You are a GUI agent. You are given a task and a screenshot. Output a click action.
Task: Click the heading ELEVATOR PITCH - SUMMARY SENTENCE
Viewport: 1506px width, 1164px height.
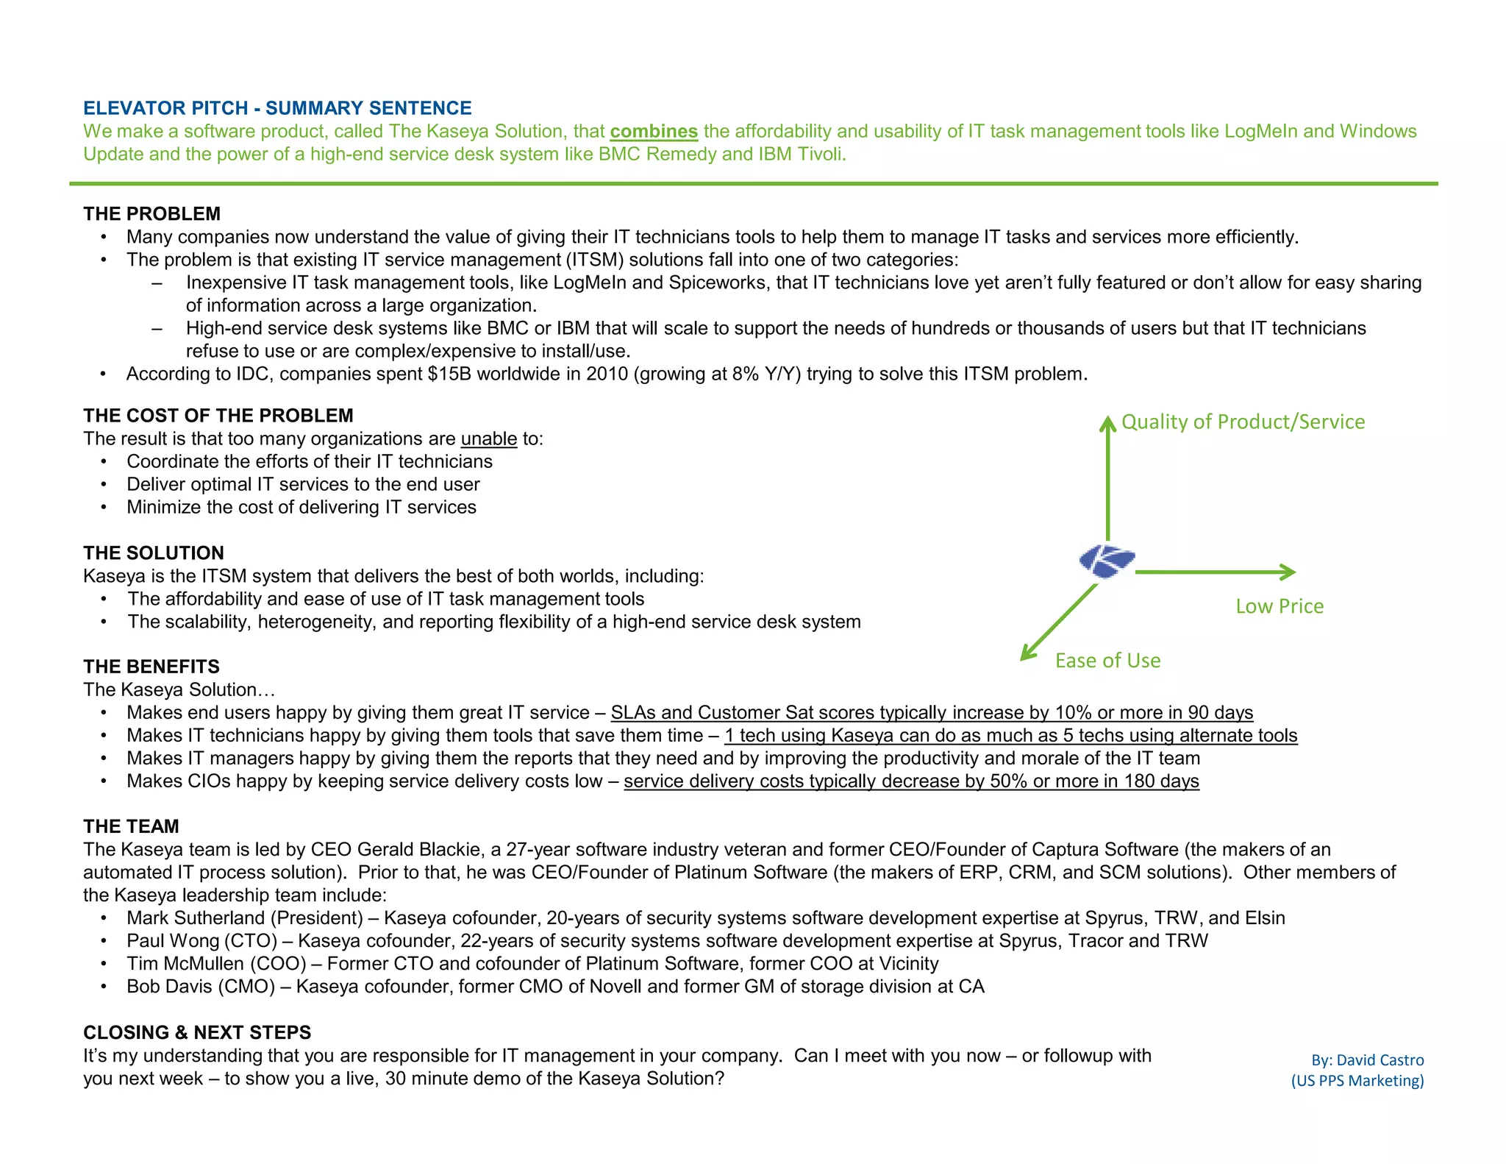coord(277,108)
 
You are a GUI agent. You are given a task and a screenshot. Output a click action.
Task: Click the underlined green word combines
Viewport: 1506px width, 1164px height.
coord(653,132)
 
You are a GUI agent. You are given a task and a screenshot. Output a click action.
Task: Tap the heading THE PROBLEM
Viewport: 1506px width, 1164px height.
coord(151,214)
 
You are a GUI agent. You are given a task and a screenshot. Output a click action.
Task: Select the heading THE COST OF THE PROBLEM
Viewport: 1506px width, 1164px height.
coord(218,416)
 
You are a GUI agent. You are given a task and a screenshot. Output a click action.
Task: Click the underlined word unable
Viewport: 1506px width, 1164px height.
coord(489,439)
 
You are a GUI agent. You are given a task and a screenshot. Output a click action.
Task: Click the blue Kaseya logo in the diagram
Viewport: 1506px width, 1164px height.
coord(1107,562)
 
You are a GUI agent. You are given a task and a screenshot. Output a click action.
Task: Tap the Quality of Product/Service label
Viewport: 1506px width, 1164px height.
coord(1243,422)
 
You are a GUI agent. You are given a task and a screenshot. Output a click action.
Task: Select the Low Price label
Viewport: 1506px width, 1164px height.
coord(1280,606)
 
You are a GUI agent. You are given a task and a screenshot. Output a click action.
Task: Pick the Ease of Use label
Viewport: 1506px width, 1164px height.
coord(1107,661)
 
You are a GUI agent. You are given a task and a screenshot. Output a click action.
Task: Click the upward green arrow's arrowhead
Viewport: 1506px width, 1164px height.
coord(1107,423)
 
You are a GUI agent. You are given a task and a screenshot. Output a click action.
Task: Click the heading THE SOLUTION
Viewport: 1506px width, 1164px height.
coord(154,553)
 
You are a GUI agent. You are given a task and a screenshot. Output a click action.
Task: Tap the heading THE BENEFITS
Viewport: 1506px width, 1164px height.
coord(151,667)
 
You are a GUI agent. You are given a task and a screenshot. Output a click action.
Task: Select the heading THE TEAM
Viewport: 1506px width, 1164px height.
coord(131,826)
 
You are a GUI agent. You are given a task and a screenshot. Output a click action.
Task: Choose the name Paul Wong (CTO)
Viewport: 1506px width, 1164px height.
coord(201,941)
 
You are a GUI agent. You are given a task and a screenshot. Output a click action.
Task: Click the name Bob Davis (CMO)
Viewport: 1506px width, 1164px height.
coord(201,987)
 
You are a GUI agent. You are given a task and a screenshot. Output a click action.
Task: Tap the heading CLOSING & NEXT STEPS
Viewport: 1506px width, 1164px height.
coord(197,1032)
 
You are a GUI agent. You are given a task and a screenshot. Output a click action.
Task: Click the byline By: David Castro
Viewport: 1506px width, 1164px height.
coord(1367,1060)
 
